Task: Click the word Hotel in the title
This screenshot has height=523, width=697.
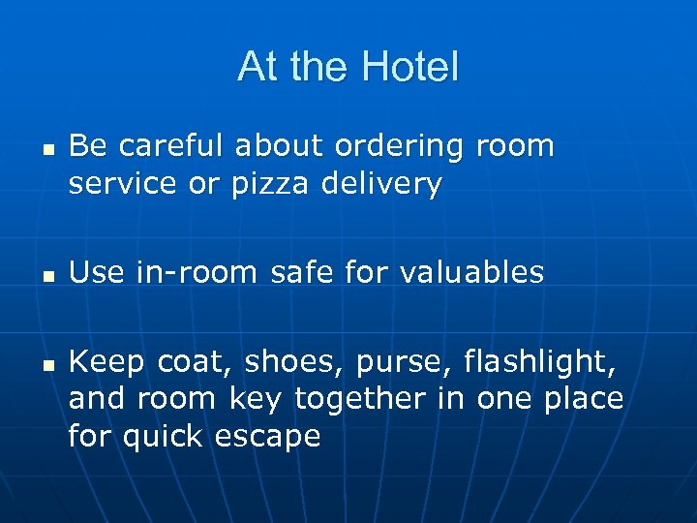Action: pos(409,67)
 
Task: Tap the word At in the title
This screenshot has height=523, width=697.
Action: pos(257,67)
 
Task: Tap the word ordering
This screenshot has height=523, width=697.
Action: pos(401,146)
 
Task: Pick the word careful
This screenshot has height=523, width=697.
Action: pos(166,146)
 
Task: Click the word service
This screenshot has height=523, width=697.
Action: pos(123,183)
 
